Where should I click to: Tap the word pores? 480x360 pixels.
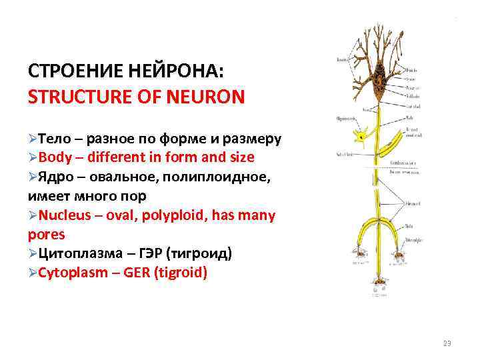click(x=47, y=235)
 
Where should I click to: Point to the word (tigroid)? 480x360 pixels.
click(x=180, y=273)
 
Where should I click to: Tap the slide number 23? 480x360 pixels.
click(x=447, y=343)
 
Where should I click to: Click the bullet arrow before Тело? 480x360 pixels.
click(x=33, y=139)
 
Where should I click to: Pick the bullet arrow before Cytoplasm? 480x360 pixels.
click(x=33, y=273)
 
